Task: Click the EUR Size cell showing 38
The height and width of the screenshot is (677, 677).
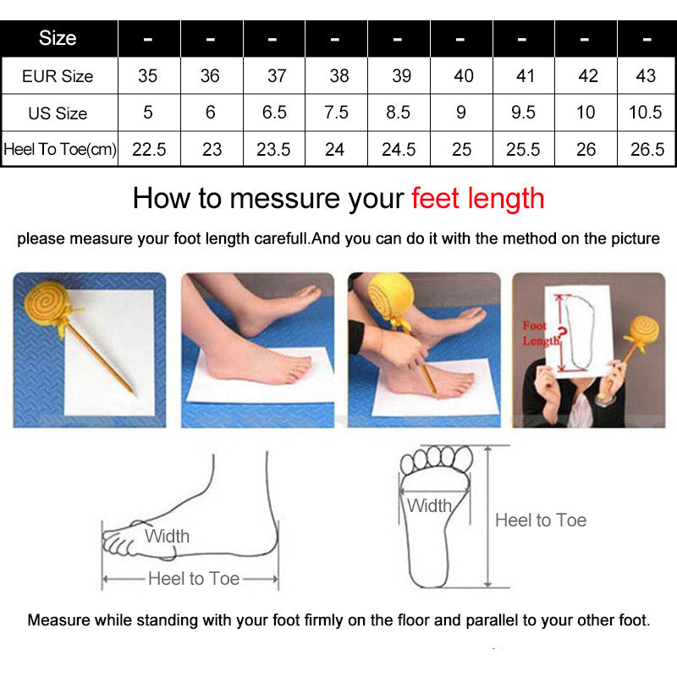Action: [339, 76]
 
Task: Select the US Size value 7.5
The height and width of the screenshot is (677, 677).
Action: [336, 113]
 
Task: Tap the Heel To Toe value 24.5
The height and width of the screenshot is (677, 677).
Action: [399, 150]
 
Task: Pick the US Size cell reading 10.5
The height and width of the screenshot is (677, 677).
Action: [646, 113]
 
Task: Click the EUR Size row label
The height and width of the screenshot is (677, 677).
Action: [58, 76]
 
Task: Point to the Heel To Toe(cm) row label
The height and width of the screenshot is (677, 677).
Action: [60, 150]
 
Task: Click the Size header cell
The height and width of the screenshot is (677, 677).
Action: [58, 38]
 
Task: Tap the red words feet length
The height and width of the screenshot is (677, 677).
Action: [477, 199]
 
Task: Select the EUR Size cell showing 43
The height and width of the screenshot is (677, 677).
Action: [646, 76]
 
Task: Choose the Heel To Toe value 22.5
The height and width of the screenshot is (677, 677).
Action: [149, 150]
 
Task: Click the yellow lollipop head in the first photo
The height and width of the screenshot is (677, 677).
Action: [47, 303]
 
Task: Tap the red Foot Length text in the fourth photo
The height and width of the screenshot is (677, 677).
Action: [541, 333]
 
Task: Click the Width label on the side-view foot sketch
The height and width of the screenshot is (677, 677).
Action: [167, 537]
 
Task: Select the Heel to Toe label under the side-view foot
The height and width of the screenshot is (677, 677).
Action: [194, 579]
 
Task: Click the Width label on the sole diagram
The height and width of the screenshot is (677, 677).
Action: [429, 505]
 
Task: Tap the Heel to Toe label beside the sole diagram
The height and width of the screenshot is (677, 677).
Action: [541, 520]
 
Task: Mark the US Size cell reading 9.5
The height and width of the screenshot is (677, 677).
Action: [523, 113]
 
